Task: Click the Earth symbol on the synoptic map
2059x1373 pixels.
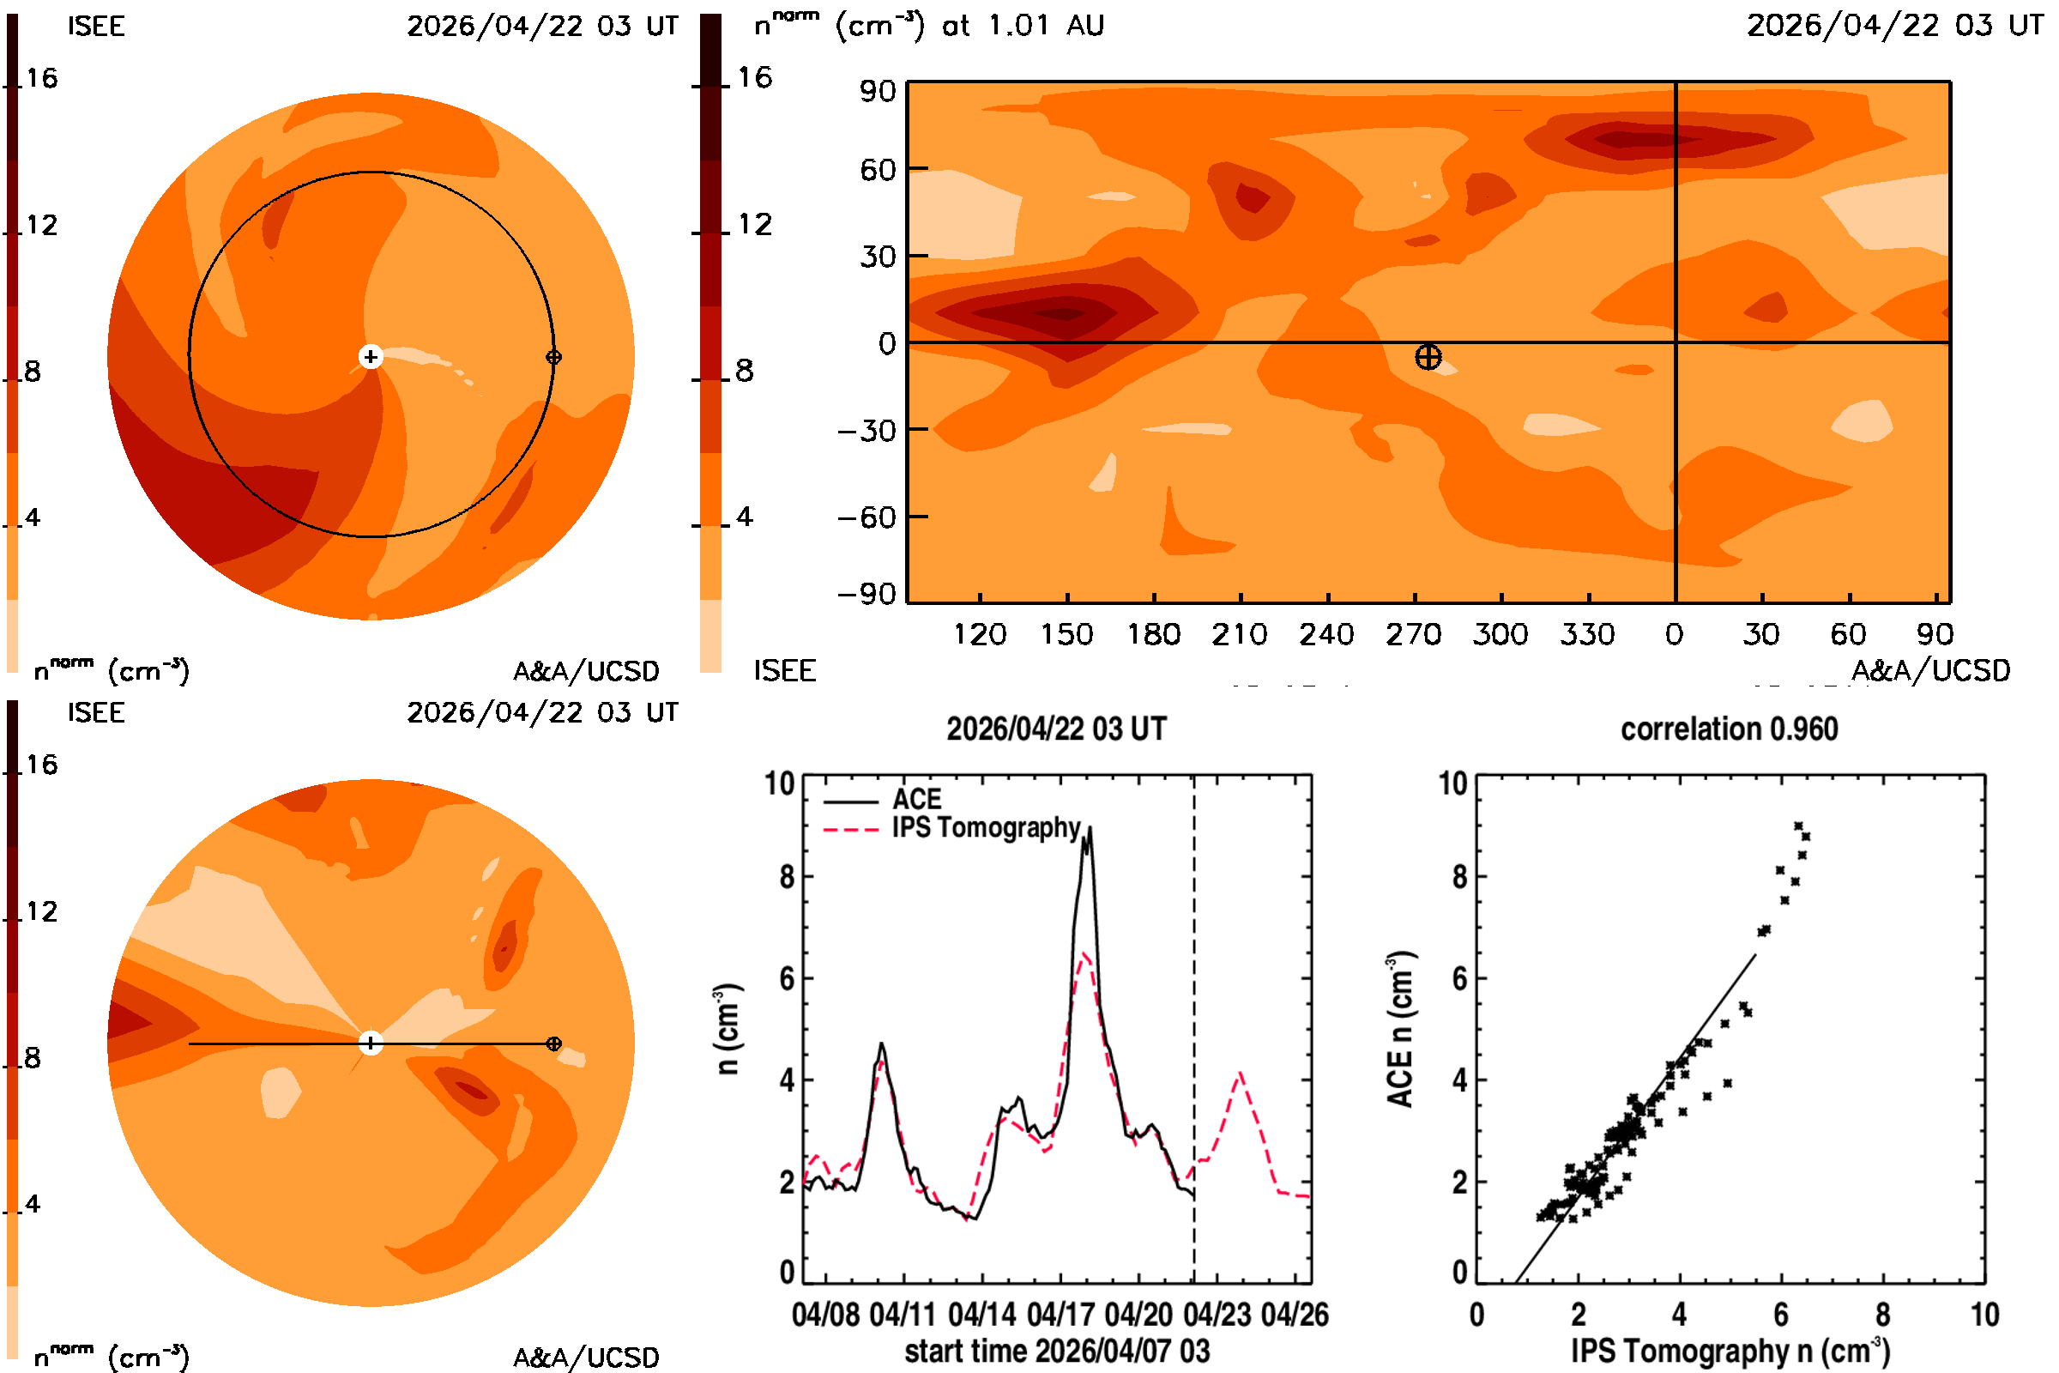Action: point(1428,357)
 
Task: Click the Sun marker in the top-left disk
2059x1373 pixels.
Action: point(371,356)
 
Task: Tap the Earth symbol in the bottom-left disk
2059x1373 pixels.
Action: point(553,1043)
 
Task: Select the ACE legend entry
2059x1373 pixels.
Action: point(882,800)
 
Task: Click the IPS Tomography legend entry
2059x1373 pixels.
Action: point(952,828)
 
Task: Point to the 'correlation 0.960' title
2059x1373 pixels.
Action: point(1729,729)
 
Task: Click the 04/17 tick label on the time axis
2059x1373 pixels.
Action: point(1060,1315)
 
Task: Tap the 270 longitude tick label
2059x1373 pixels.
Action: point(1414,634)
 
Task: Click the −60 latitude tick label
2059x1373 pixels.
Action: point(866,517)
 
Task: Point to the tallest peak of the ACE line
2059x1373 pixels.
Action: point(1089,827)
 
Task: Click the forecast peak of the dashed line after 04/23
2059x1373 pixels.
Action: point(1241,1073)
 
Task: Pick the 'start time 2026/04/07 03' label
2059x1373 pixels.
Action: point(1057,1351)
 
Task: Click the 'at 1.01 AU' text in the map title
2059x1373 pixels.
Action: point(1023,26)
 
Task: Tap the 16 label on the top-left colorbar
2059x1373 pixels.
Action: point(42,79)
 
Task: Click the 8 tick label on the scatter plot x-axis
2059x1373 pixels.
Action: point(1883,1315)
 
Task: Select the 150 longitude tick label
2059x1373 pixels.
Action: point(1066,634)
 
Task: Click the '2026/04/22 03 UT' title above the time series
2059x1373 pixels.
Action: point(1057,729)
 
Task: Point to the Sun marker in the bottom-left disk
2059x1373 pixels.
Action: point(371,1043)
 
